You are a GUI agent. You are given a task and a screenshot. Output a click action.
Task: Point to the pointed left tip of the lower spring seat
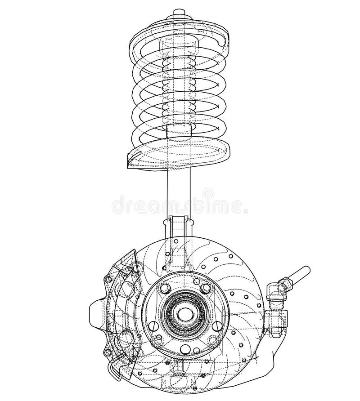click(129, 164)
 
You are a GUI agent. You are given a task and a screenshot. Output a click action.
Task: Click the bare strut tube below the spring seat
click(179, 193)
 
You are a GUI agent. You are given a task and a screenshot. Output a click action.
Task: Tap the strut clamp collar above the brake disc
click(179, 225)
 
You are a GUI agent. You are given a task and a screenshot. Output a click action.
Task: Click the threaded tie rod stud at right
click(300, 272)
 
